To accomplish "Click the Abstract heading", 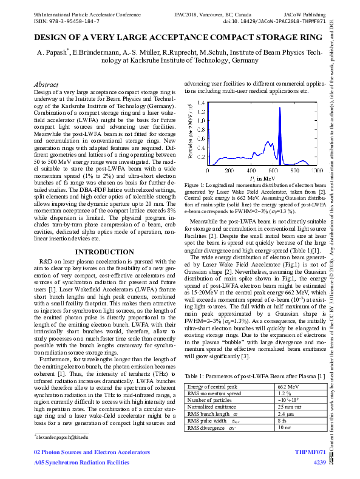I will click(x=46, y=84).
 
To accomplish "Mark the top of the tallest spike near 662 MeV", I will click(x=280, y=108).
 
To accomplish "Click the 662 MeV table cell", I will click(x=288, y=386).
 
